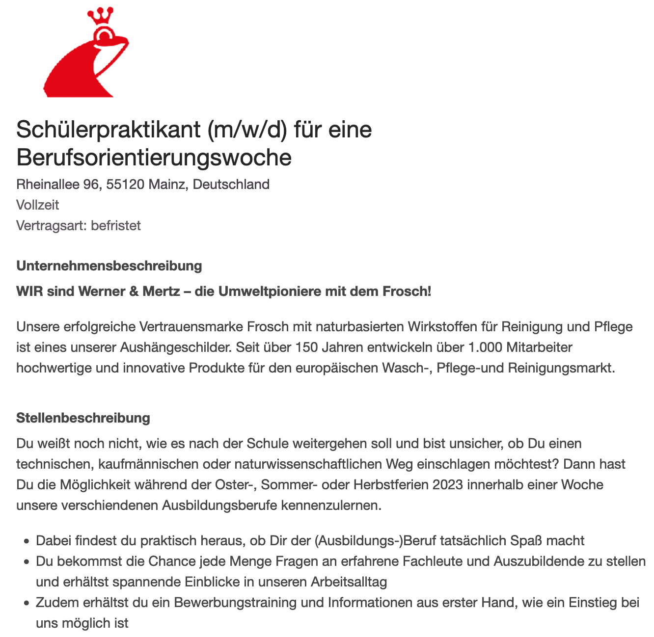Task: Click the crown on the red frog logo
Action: point(100,16)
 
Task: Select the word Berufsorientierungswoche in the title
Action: point(154,158)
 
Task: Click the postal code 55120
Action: point(125,185)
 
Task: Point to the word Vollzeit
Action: point(38,205)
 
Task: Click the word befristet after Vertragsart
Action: point(116,226)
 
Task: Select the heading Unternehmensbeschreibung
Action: point(109,266)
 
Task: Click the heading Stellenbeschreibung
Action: point(83,418)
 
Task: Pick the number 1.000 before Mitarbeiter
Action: point(486,347)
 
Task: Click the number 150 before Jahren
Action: point(306,347)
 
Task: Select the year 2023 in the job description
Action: point(447,485)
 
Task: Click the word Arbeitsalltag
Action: point(349,582)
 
